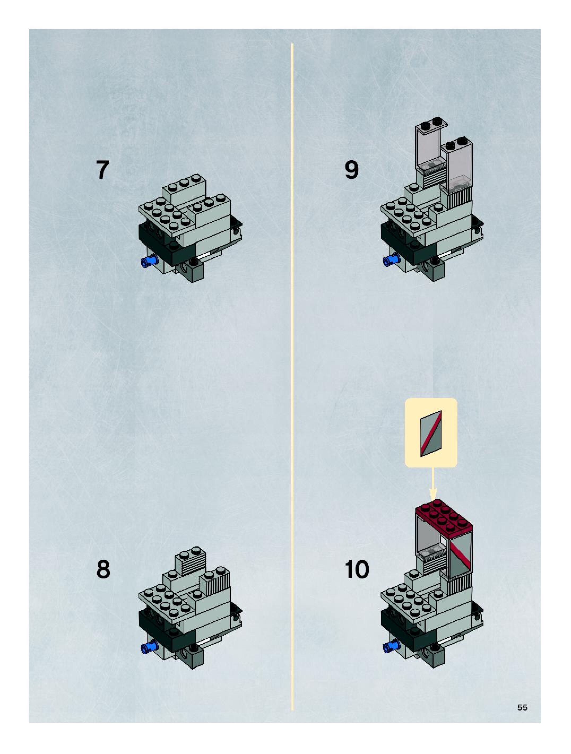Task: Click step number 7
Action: click(x=103, y=170)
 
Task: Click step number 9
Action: click(x=352, y=170)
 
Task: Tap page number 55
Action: click(x=522, y=707)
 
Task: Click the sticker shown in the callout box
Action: click(x=431, y=433)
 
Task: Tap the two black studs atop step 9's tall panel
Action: click(x=430, y=123)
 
